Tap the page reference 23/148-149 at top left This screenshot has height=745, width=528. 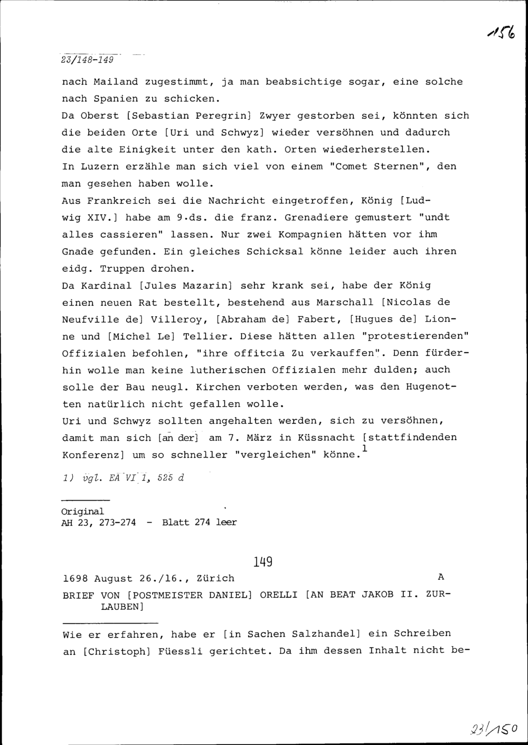tap(88, 59)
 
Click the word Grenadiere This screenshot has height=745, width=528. tap(317, 218)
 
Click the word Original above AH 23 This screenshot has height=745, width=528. tap(83, 512)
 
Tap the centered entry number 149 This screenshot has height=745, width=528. tap(262, 562)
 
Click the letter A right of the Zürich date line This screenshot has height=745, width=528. tap(441, 578)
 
